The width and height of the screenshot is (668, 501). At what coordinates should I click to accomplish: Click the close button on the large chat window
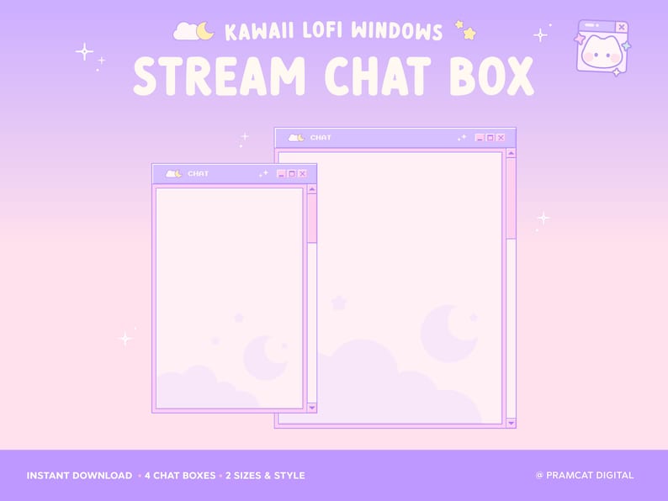501,138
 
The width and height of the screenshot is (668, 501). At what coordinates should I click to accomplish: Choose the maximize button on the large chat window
490,138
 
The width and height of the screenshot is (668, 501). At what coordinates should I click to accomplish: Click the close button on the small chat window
302,174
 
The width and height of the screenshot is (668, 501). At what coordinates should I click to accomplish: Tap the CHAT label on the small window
199,174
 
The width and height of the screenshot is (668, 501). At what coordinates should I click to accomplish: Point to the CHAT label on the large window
321,138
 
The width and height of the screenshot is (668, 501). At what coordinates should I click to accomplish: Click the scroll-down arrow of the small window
312,408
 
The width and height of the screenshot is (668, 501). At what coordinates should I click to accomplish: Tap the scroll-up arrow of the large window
511,153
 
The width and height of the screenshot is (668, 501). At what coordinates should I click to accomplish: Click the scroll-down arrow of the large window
511,422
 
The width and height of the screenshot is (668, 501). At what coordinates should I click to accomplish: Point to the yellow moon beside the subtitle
204,31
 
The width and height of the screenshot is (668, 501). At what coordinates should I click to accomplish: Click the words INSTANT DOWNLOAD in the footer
79,476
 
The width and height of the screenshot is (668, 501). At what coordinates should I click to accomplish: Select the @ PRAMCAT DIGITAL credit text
585,476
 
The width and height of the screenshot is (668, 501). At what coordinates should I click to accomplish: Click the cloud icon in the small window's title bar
173,174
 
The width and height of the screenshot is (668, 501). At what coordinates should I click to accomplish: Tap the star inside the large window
338,303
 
